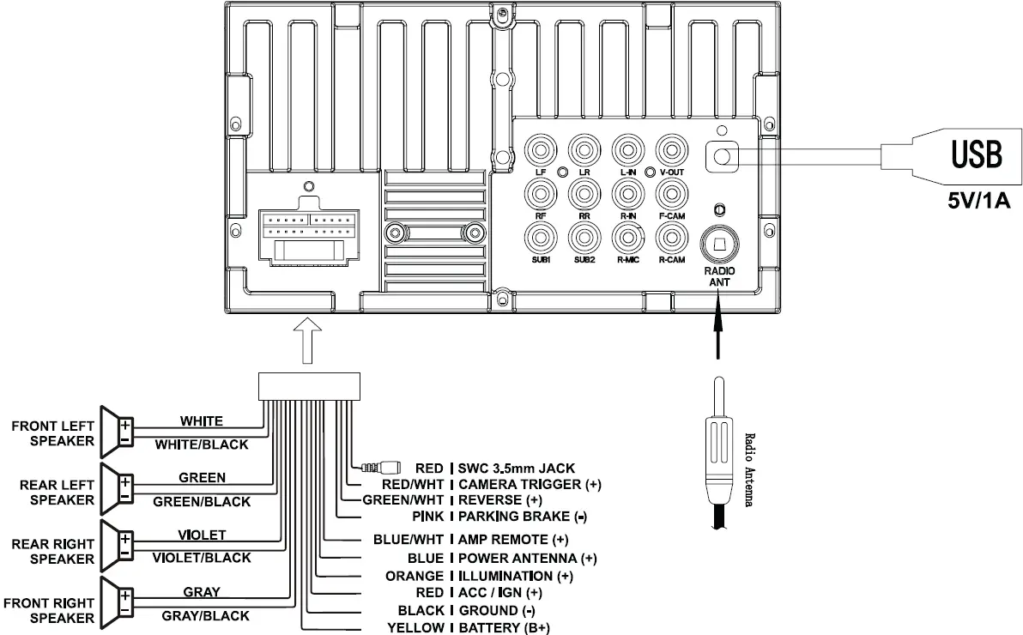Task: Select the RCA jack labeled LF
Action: point(541,151)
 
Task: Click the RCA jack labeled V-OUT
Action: point(670,151)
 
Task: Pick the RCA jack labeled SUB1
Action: point(541,235)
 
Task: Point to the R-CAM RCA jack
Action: point(670,235)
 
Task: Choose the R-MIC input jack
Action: point(627,235)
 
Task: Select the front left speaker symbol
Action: point(118,432)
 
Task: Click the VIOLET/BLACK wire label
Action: point(202,558)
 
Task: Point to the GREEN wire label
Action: point(202,477)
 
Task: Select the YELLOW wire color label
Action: point(415,628)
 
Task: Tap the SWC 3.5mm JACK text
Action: point(517,468)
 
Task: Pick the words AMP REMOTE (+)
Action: point(513,540)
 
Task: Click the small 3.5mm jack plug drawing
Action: point(383,468)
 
